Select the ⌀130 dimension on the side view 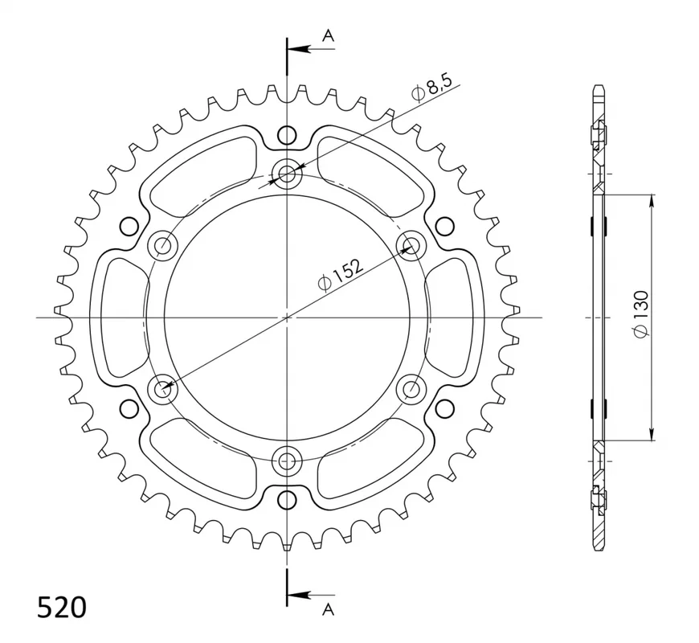(x=640, y=313)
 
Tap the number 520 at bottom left (x=62, y=608)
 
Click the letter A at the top (x=328, y=35)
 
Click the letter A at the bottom (x=328, y=609)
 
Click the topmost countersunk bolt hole (x=287, y=173)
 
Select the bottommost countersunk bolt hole (x=287, y=461)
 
